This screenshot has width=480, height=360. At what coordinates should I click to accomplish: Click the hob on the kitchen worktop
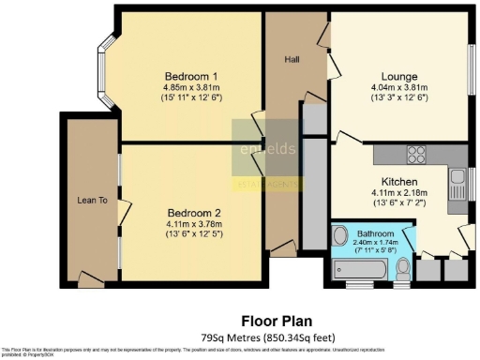pos(415,155)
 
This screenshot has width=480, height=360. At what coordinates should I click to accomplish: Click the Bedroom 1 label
pos(191,76)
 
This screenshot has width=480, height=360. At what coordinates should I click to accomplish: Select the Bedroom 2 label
pos(191,212)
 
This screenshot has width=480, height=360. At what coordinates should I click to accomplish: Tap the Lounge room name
pos(398,76)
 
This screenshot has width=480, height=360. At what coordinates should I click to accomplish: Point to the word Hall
pos(292,59)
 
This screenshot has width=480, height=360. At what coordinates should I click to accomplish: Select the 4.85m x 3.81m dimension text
pos(191,87)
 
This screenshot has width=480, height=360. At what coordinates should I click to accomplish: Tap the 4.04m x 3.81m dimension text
pos(398,87)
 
